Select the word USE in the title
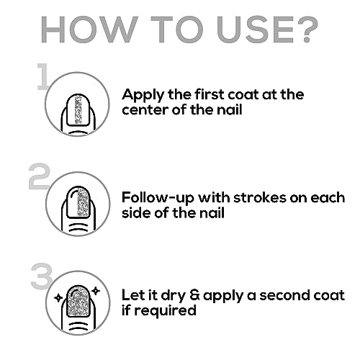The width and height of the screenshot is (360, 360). click(254, 30)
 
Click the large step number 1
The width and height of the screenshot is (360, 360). click(42, 76)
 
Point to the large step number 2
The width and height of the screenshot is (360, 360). click(39, 176)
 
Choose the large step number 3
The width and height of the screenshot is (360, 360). click(41, 276)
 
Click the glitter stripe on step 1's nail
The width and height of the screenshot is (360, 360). click(78, 109)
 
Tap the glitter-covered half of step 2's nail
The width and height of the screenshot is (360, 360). click(84, 202)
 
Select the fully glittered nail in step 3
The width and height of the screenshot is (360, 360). click(78, 300)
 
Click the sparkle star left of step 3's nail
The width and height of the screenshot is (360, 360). click(58, 298)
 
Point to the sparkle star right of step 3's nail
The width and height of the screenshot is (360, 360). click(96, 291)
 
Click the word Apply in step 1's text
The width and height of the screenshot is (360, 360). click(143, 95)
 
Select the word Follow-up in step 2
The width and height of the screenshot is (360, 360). click(158, 199)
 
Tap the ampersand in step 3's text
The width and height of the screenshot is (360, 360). click(194, 295)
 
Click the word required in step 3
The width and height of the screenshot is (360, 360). click(165, 311)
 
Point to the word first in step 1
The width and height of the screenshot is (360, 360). click(209, 94)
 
